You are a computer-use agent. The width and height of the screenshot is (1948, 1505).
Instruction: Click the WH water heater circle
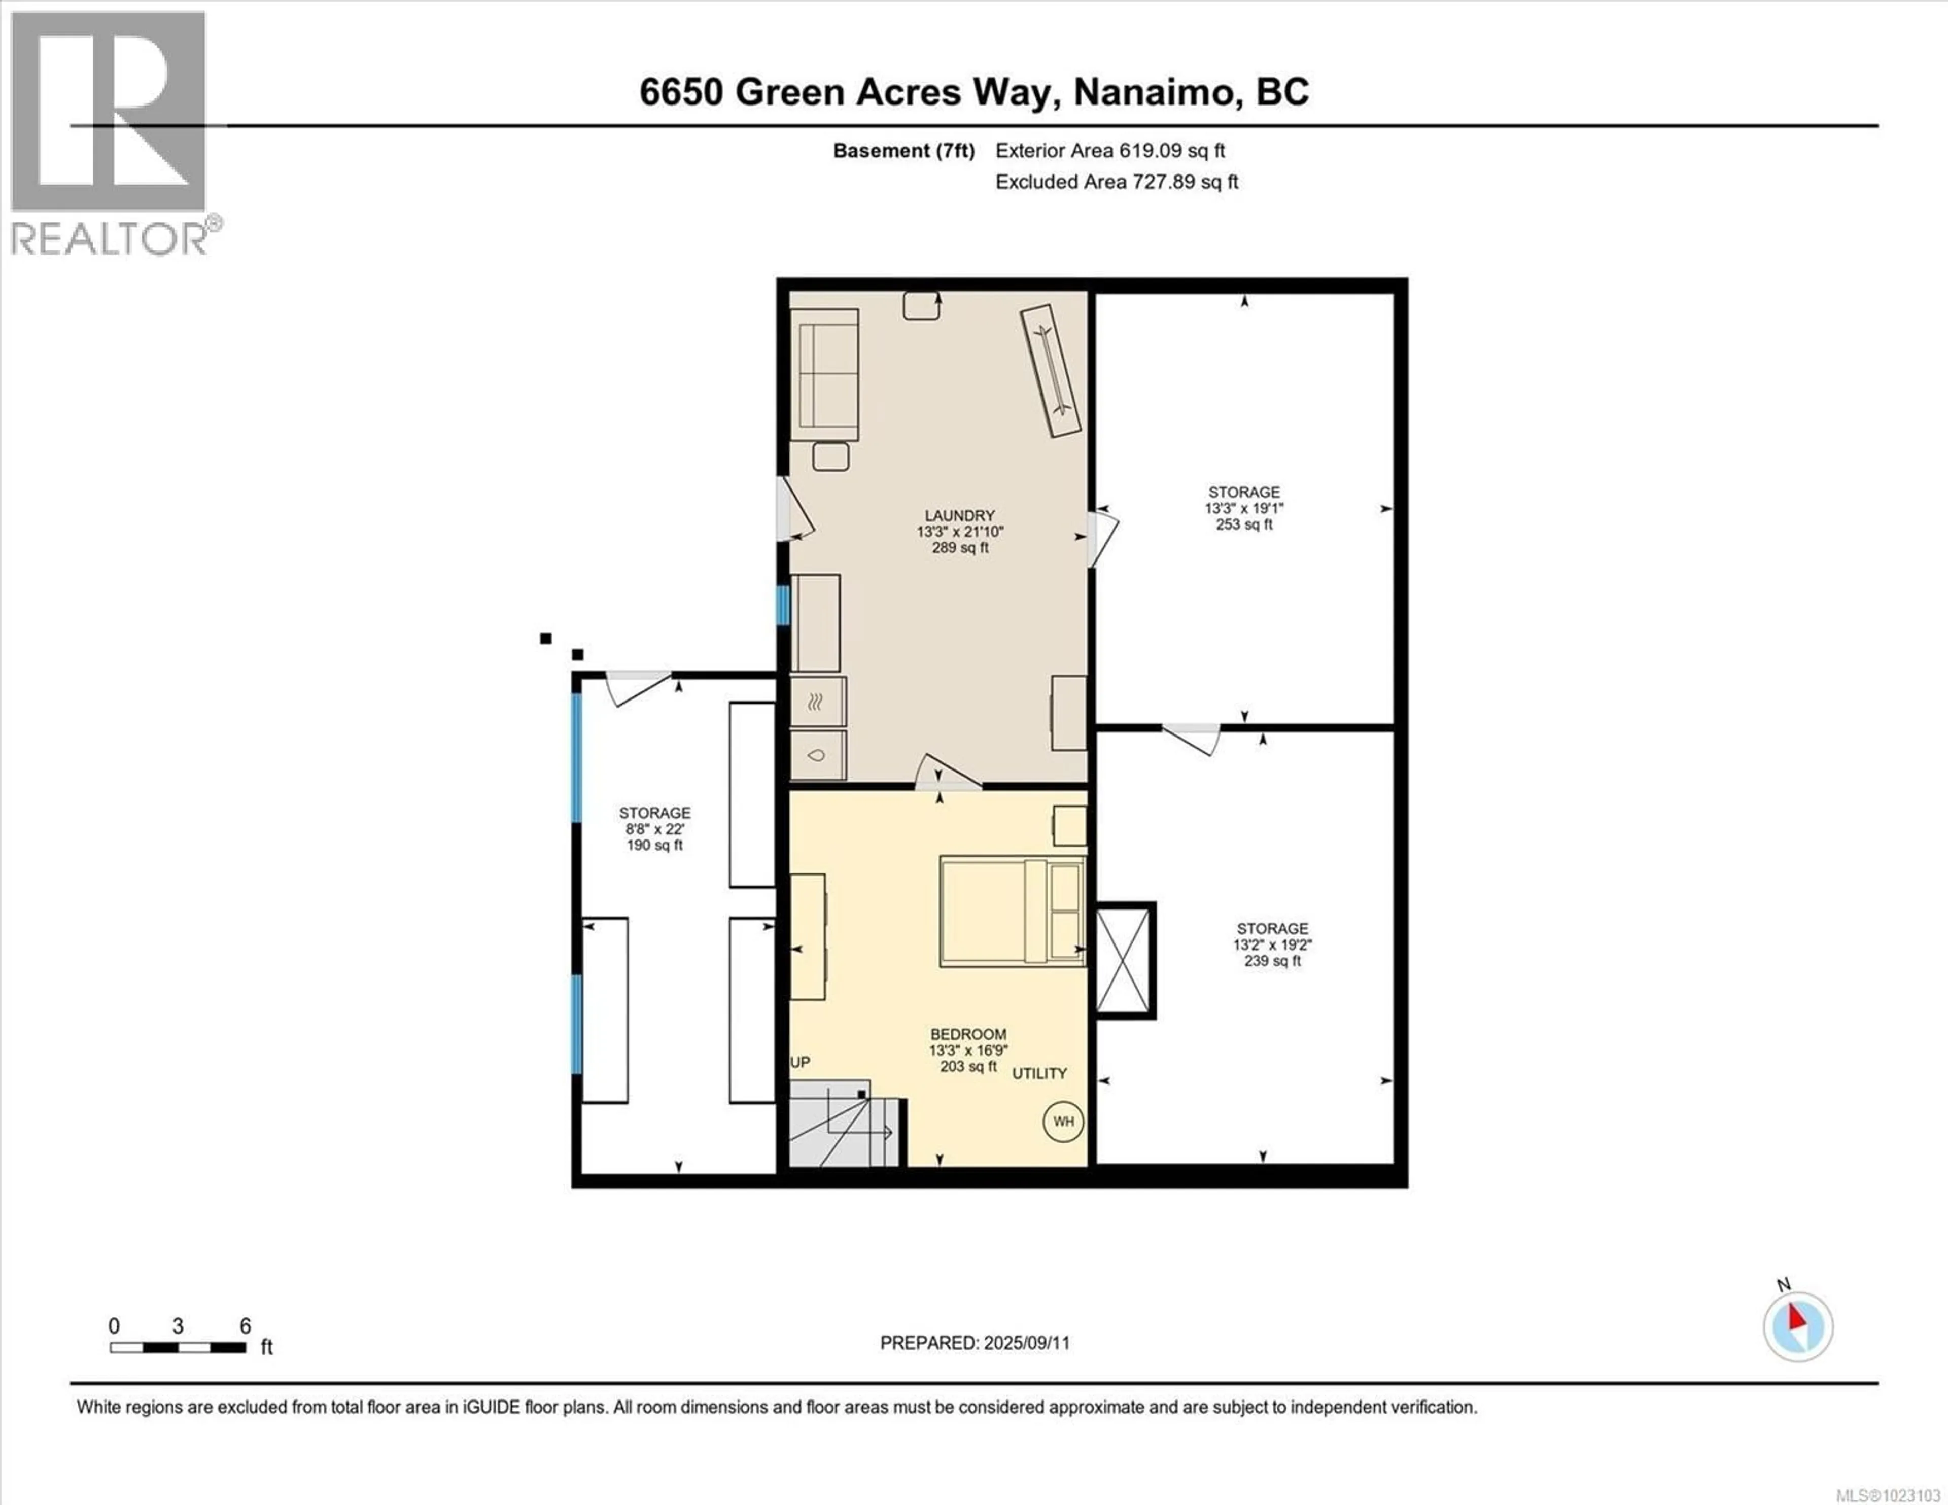click(x=1063, y=1122)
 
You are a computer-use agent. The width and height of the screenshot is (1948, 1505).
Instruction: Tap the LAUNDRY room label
click(x=960, y=516)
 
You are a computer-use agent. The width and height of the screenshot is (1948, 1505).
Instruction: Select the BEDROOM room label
click(x=968, y=1034)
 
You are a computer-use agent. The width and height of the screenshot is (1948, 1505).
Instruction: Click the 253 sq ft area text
click(x=1244, y=524)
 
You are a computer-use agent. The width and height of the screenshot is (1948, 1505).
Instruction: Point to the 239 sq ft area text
click(x=1272, y=961)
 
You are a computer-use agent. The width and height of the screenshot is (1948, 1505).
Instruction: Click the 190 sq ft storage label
click(x=655, y=845)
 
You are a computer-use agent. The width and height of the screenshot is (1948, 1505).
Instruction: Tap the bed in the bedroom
click(x=1012, y=911)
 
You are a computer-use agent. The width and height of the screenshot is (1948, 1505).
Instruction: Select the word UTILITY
click(x=1039, y=1073)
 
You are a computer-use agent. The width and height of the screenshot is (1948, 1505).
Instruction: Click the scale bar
click(x=179, y=1348)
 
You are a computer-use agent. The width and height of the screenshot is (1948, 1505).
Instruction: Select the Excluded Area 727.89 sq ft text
click(x=1117, y=182)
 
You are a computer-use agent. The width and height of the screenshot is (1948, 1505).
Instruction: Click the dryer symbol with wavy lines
click(x=818, y=702)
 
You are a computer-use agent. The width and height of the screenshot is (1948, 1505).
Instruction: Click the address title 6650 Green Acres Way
click(x=974, y=92)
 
